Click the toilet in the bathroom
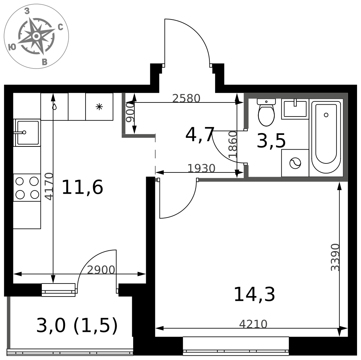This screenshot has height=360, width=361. tap(266, 112)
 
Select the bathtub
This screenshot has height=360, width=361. tap(326, 137)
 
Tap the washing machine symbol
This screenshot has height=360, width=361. tap(295, 163)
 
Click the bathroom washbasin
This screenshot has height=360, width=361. tap(295, 109)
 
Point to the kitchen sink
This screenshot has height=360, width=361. tap(27, 132)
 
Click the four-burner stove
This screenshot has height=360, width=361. tap(27, 188)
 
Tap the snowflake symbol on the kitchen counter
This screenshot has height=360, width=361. tap(99, 107)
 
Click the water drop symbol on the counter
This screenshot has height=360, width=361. tap(55, 107)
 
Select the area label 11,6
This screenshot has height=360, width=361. tap(82, 188)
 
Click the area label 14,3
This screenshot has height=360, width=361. tap(255, 294)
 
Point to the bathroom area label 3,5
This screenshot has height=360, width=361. tap(271, 141)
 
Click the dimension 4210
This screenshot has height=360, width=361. tap(253, 324)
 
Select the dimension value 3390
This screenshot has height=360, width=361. tap(335, 257)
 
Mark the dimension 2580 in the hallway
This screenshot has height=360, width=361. tap(186, 98)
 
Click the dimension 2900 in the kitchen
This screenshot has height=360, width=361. tap(101, 270)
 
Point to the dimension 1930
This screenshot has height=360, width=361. tap(201, 168)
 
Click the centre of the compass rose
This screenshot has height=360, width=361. tap(36, 36)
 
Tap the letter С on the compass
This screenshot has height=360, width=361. tap(60, 27)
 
